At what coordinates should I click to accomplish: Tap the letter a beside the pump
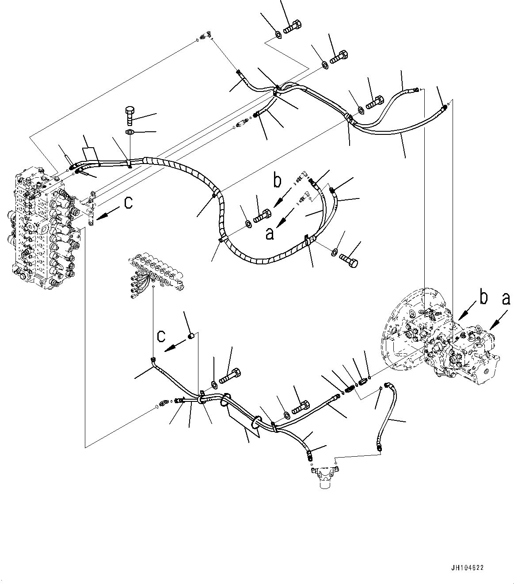tap(506, 299)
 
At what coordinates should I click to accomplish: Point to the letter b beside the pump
tap(484, 299)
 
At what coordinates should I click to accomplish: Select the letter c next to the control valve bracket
tap(128, 203)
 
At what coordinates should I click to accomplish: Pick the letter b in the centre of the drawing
tap(277, 181)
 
